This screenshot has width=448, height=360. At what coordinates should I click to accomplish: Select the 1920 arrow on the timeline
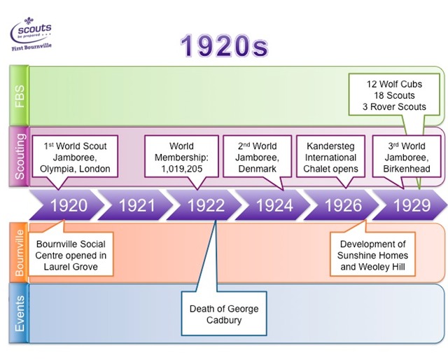(69, 205)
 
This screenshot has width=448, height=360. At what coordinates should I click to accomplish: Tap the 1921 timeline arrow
(137, 205)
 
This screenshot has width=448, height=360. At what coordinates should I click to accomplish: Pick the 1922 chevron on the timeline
(206, 205)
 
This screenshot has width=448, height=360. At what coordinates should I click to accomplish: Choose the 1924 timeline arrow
(274, 205)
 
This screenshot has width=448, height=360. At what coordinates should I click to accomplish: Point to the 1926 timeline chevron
(343, 205)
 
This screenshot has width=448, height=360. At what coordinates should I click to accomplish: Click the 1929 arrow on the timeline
(410, 205)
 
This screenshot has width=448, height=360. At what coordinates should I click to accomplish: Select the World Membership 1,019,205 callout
(181, 158)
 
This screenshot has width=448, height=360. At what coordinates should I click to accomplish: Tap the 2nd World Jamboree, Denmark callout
(255, 158)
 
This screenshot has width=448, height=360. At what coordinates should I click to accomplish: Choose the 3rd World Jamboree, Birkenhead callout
(406, 158)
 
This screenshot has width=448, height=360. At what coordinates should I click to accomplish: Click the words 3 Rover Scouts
(396, 106)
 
